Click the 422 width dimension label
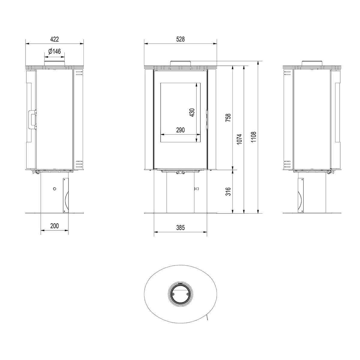pyautogui.click(x=55, y=39)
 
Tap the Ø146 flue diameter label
pyautogui.click(x=54, y=51)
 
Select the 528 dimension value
pyautogui.click(x=180, y=39)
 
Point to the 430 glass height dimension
pyautogui.click(x=192, y=112)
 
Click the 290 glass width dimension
pyautogui.click(x=180, y=130)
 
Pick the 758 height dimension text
pyautogui.click(x=228, y=118)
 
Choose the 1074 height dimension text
pyautogui.click(x=239, y=139)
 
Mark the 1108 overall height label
pyautogui.click(x=253, y=137)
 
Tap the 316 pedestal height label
pyautogui.click(x=228, y=191)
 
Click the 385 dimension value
pyautogui.click(x=180, y=227)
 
